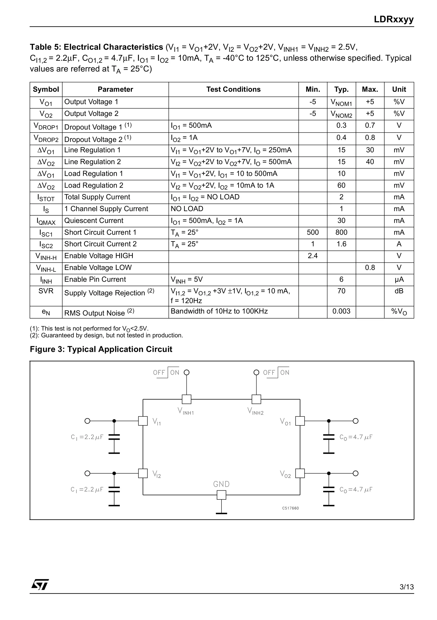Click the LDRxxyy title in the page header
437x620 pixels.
(x=393, y=19)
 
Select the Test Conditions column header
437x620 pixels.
(x=233, y=89)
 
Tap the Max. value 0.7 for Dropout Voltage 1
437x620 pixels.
(x=370, y=125)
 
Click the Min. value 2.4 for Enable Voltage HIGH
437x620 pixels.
(x=312, y=256)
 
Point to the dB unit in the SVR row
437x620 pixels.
(x=399, y=291)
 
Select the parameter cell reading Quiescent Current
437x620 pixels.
(x=94, y=221)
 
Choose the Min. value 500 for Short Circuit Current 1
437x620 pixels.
(x=312, y=232)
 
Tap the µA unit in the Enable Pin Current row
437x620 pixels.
(x=399, y=279)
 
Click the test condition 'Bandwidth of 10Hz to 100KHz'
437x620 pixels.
(x=219, y=311)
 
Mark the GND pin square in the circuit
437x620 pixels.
(x=221, y=495)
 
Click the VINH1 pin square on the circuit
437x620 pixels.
(x=186, y=399)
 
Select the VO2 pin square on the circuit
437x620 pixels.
(x=300, y=473)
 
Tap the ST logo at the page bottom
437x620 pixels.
(x=40, y=585)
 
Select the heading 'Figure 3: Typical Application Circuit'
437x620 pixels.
(x=101, y=349)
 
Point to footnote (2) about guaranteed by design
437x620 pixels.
(x=106, y=335)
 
